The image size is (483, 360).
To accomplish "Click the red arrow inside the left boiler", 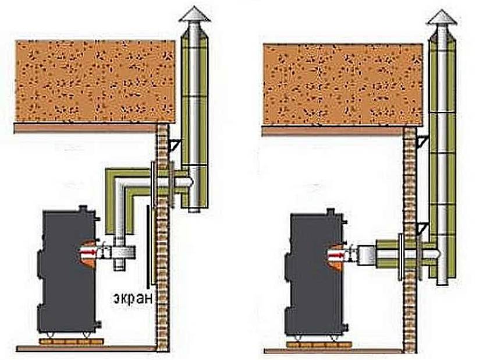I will coord(90,252).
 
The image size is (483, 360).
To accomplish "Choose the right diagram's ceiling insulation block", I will coord(343,84).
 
